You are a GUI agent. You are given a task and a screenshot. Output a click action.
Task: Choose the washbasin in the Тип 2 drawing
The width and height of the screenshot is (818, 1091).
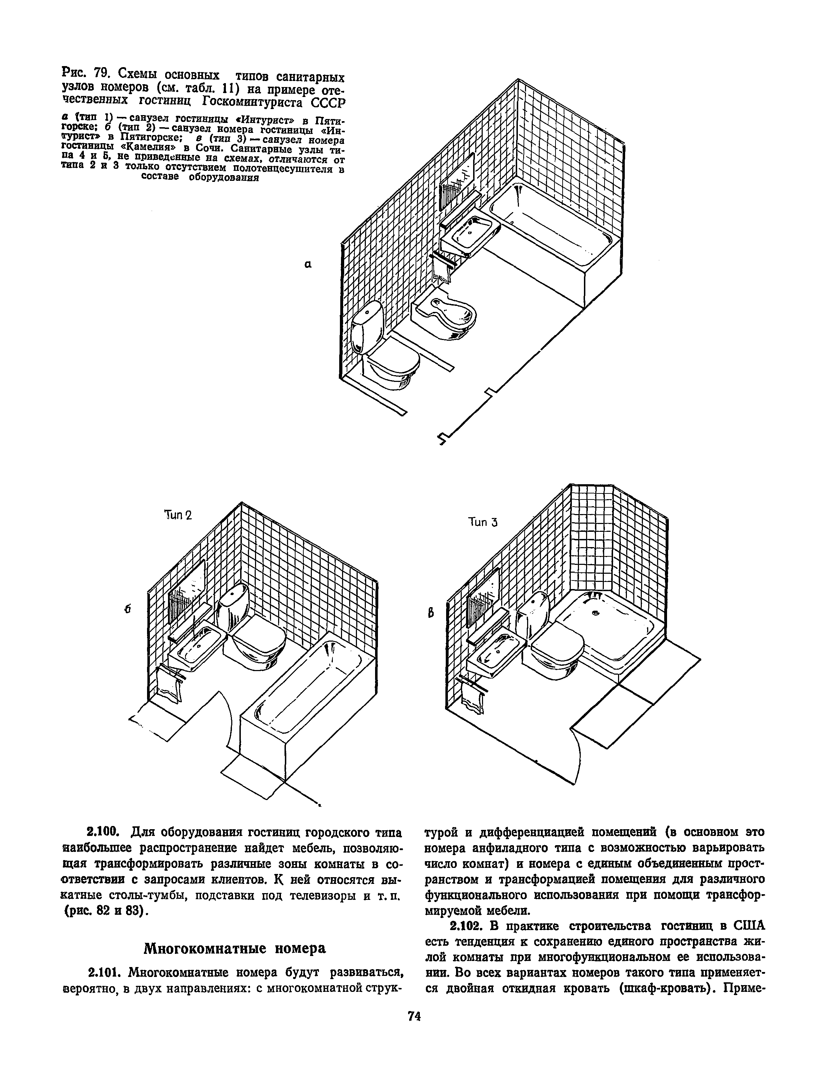click(x=197, y=646)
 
